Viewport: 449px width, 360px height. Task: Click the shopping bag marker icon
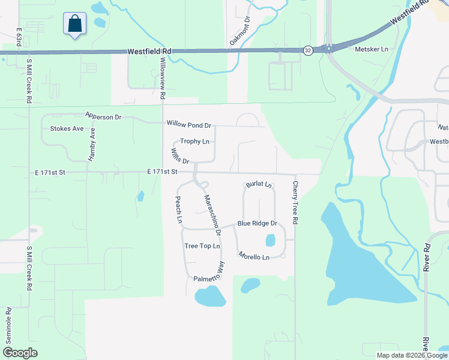coord(74,24)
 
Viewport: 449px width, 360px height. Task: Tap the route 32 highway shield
coord(307,50)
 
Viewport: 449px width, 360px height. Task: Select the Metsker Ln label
coord(372,49)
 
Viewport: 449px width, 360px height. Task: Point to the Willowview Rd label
coord(163,77)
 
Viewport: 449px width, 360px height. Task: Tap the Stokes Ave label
coord(67,128)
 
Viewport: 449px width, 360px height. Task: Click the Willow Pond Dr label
coord(189,125)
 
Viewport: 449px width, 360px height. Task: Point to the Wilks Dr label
coord(181,157)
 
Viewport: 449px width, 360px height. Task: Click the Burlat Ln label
coord(258,185)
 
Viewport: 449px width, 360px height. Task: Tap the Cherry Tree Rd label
coord(295,202)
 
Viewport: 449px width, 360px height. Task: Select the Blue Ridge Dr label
coord(257,223)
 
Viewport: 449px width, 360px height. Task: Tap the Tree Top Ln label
coord(202,246)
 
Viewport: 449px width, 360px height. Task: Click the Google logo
coord(20,353)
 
